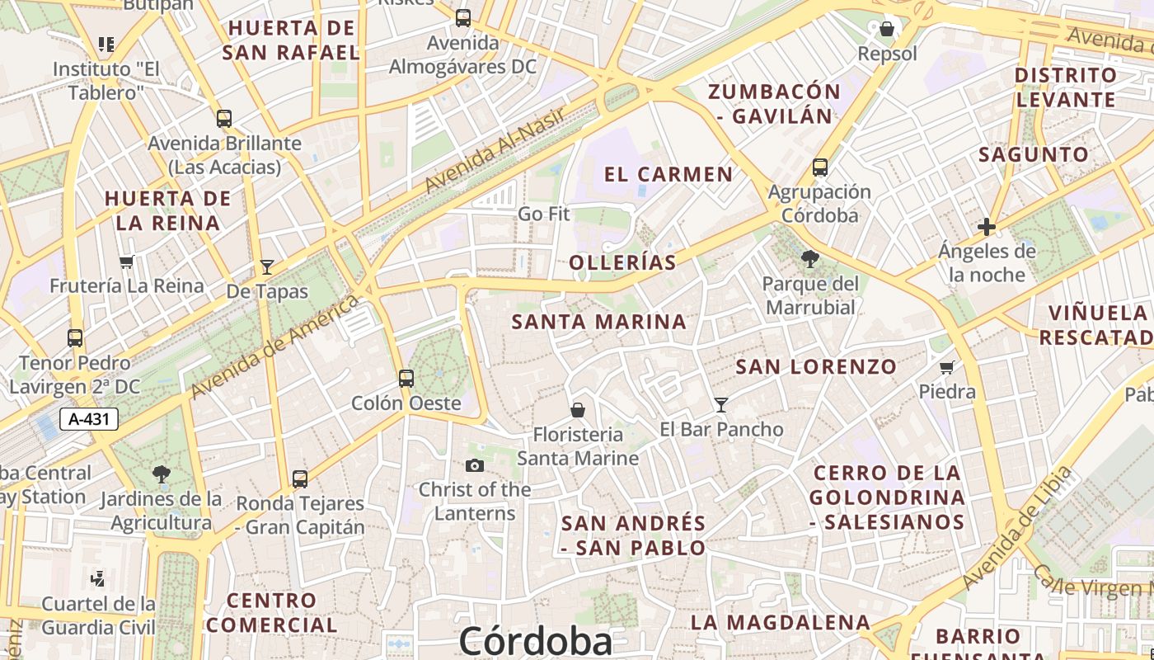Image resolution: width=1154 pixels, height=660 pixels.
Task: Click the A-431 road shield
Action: [x=89, y=419]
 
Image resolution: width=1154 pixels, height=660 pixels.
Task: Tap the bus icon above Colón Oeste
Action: [x=406, y=379]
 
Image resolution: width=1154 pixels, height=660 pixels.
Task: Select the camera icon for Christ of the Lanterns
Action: [x=474, y=466]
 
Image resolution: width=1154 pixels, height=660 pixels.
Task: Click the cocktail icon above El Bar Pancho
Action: [x=721, y=404]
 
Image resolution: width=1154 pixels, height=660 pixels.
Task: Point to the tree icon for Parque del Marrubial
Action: [x=810, y=259]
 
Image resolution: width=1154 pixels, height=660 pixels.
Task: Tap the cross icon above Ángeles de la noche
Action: [x=986, y=227]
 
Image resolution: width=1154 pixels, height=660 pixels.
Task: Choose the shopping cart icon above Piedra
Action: [x=946, y=367]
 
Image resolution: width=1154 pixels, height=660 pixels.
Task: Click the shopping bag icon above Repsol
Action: [x=887, y=30]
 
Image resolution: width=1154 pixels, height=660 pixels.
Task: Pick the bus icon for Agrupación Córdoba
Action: [x=820, y=167]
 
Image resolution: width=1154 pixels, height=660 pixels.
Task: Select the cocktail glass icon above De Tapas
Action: [x=267, y=266]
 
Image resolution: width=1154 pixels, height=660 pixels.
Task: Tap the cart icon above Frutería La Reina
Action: [x=126, y=262]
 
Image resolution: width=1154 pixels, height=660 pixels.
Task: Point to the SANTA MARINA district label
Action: [x=599, y=322]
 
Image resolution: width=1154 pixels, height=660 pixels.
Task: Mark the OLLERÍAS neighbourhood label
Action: [x=622, y=263]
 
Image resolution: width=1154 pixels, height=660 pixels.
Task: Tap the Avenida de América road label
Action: [x=275, y=346]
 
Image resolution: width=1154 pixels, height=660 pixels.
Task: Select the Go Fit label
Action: [x=544, y=214]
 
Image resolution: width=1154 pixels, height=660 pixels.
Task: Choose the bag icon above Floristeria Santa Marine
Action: [x=578, y=410]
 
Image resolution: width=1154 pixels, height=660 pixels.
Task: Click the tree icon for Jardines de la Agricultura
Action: [x=162, y=474]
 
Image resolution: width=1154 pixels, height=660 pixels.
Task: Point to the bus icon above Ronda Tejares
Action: [x=300, y=479]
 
